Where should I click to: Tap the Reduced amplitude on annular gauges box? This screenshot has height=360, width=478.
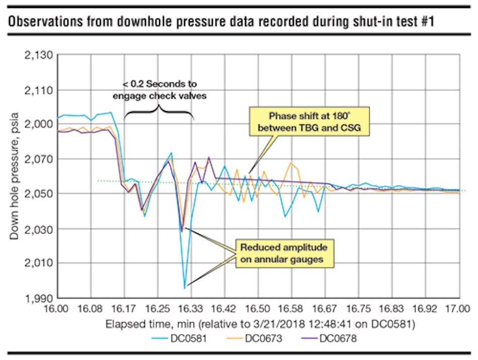(284, 252)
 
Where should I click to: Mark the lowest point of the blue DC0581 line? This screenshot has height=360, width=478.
(185, 288)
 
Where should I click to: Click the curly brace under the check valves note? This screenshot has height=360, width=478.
(159, 111)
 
